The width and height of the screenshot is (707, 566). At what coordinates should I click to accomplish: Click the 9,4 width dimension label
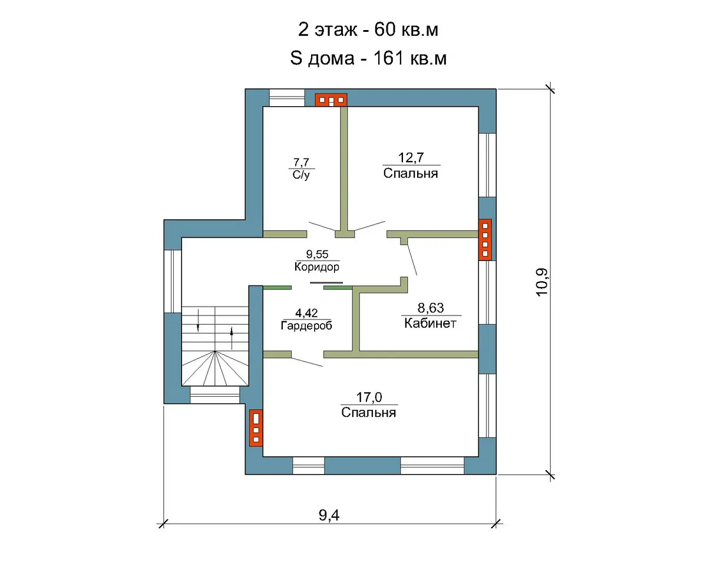(329, 515)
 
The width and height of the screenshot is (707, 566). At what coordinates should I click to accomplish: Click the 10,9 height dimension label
(542, 282)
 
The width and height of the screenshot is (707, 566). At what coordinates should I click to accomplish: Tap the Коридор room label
(317, 266)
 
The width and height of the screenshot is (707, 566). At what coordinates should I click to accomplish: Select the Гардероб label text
(306, 325)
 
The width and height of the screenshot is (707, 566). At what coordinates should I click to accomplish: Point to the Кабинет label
(430, 323)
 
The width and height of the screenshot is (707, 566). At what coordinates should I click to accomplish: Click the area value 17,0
(369, 397)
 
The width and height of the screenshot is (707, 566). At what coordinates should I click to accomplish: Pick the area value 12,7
(411, 158)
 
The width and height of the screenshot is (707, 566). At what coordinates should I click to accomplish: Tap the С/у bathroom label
(301, 175)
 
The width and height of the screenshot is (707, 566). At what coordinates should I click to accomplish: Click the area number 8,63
(431, 308)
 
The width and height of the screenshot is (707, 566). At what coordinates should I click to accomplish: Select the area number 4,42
(306, 313)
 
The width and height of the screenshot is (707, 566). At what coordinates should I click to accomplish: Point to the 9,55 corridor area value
(317, 254)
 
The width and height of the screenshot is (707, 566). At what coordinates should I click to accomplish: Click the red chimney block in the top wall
(331, 100)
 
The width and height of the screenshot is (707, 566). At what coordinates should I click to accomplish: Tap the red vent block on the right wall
(485, 240)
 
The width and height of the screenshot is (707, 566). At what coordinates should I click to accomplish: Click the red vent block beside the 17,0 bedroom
(256, 428)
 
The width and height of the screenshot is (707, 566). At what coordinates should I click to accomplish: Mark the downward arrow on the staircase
(198, 320)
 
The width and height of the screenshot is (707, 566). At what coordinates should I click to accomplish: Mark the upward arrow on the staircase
(232, 338)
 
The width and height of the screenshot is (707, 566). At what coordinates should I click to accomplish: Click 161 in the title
(388, 58)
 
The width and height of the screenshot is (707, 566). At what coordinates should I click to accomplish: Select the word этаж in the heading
(336, 30)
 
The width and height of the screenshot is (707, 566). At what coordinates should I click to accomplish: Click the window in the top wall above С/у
(287, 98)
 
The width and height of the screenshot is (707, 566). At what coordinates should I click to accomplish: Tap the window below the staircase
(215, 395)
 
